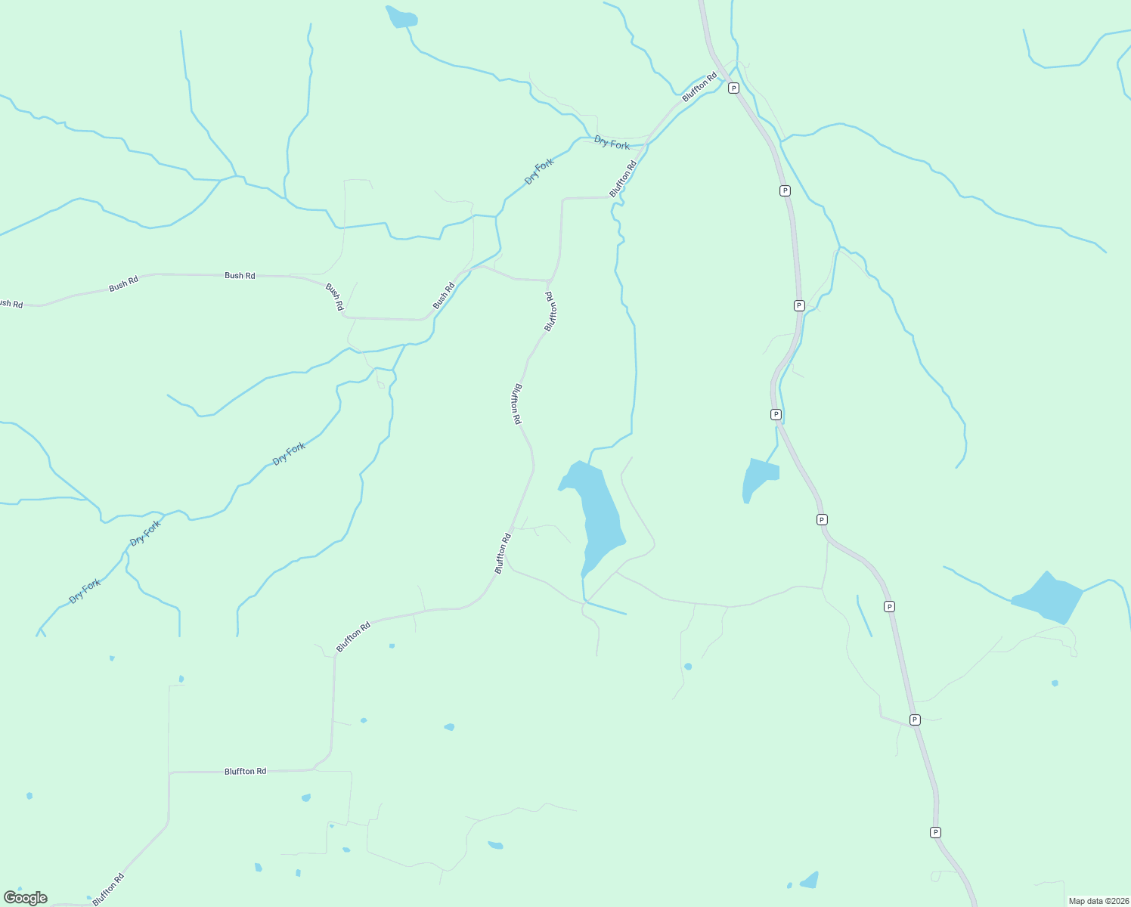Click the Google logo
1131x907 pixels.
(26, 898)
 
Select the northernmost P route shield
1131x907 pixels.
(733, 88)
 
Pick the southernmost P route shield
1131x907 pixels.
(935, 832)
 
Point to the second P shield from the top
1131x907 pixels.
(785, 190)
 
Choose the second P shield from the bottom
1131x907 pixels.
(915, 720)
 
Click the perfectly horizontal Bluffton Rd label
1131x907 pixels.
(245, 771)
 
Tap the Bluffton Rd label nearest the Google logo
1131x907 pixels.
(108, 890)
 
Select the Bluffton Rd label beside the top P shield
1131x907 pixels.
(699, 87)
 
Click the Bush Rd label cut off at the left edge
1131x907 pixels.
(11, 304)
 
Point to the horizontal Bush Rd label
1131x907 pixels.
(240, 275)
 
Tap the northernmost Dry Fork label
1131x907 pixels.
(612, 143)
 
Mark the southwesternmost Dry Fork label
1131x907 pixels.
(85, 590)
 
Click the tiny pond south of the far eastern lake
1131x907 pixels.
(1055, 683)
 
